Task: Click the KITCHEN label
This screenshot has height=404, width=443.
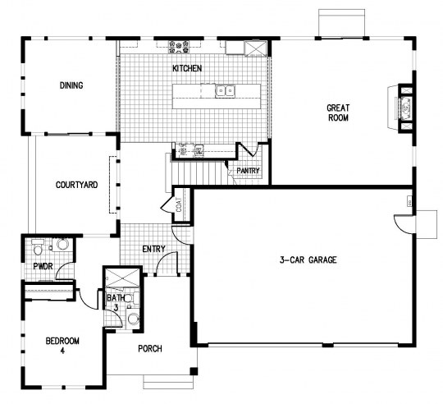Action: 187,69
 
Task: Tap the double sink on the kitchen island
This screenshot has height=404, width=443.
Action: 224,91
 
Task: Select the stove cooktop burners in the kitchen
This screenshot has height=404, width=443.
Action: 180,46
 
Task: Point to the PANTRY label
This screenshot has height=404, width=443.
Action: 248,171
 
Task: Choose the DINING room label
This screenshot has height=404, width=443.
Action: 71,85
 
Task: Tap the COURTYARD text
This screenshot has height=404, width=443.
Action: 76,185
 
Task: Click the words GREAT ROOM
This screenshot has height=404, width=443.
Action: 338,112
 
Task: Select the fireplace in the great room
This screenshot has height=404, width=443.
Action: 404,107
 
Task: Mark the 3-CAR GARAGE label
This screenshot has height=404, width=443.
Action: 308,260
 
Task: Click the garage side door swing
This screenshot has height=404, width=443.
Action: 404,223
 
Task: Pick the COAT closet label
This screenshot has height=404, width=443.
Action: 178,205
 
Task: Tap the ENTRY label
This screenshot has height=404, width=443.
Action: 153,249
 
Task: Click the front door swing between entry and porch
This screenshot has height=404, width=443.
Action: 167,264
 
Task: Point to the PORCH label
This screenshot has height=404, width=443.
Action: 149,349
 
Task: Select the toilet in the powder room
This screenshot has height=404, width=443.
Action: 38,247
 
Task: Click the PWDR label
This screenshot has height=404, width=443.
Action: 43,267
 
